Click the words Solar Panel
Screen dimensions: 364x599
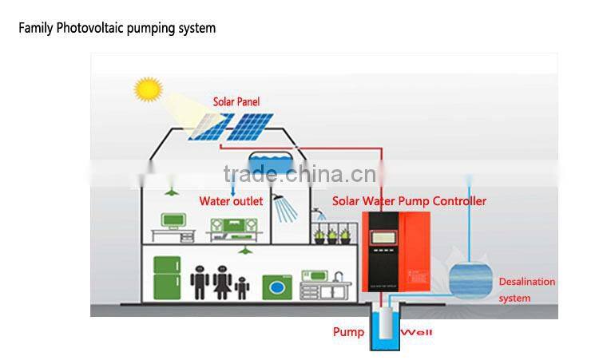(x=236, y=102)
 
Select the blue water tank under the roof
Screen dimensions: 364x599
(x=269, y=164)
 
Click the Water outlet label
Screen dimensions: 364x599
(x=231, y=201)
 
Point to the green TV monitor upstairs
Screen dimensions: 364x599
(x=173, y=220)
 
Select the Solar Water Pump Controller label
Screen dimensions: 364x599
(x=409, y=201)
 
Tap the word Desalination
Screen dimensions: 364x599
(x=526, y=282)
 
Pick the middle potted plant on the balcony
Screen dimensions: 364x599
(x=333, y=235)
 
